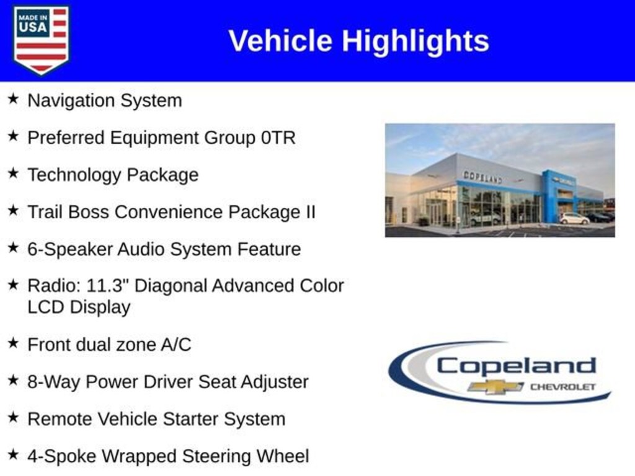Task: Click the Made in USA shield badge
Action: pyautogui.click(x=41, y=40)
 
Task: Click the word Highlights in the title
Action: pyautogui.click(x=415, y=42)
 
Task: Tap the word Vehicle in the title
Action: pyautogui.click(x=280, y=41)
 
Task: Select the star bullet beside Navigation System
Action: pyautogui.click(x=13, y=99)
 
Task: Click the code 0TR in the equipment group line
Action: pyautogui.click(x=278, y=138)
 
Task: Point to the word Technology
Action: pyautogui.click(x=74, y=175)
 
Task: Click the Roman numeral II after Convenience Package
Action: pyautogui.click(x=310, y=212)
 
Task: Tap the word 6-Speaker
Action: pyautogui.click(x=70, y=249)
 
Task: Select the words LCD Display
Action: pyautogui.click(x=79, y=307)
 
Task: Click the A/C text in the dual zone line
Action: pyautogui.click(x=175, y=345)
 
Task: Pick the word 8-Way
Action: pyautogui.click(x=54, y=382)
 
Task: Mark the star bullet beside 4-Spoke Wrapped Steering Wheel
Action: pyautogui.click(x=13, y=454)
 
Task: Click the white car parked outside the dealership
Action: pyautogui.click(x=574, y=219)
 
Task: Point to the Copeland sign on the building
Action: pyautogui.click(x=482, y=177)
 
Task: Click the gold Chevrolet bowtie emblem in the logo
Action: pyautogui.click(x=495, y=387)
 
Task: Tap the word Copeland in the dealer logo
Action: pyautogui.click(x=516, y=366)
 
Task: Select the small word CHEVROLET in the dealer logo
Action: pyautogui.click(x=562, y=387)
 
